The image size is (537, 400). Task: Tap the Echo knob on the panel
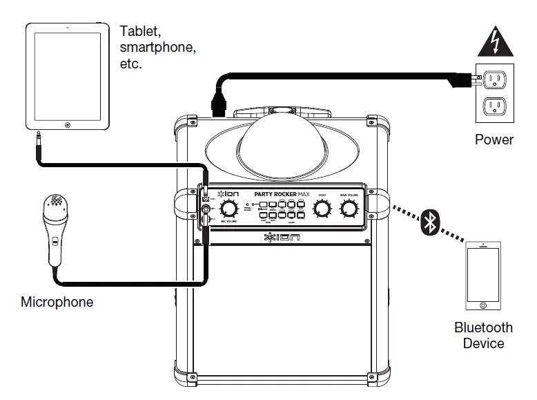coord(321,209)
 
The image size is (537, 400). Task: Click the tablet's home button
coord(68,125)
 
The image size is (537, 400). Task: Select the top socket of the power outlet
coord(494,80)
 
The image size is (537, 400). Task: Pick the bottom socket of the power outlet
coord(494,106)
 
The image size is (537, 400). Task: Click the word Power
coord(494,140)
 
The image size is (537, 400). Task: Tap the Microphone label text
coord(57,302)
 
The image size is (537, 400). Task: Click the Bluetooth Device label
coord(483,335)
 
